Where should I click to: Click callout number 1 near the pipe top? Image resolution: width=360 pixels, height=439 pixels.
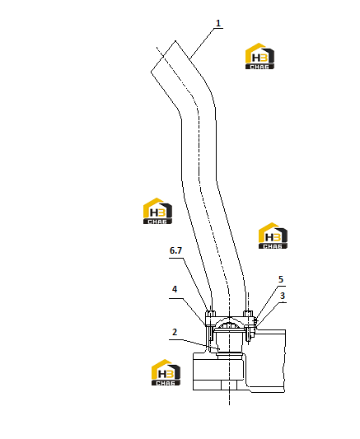click(x=218, y=23)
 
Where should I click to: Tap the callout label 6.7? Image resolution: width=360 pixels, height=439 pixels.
click(x=175, y=250)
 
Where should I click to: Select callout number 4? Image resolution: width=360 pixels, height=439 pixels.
click(x=175, y=289)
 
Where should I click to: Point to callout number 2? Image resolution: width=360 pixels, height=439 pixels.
click(x=175, y=332)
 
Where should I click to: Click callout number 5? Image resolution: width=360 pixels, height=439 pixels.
click(x=281, y=279)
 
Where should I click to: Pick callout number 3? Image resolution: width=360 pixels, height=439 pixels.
click(x=283, y=296)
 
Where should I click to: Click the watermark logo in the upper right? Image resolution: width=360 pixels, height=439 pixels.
click(x=259, y=56)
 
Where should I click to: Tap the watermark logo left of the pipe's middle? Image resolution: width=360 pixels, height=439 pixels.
click(x=157, y=211)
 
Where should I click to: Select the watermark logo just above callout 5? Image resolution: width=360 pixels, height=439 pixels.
click(x=273, y=236)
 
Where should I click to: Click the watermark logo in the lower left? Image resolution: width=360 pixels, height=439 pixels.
click(x=166, y=372)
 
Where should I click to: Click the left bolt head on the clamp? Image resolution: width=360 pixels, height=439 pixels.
click(x=210, y=313)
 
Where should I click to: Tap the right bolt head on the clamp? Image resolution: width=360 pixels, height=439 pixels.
click(x=248, y=313)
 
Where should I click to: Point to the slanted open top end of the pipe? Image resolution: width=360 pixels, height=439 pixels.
click(x=163, y=56)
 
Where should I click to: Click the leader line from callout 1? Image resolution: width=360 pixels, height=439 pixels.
click(x=203, y=44)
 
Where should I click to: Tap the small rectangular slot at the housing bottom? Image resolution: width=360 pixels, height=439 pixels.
click(x=229, y=385)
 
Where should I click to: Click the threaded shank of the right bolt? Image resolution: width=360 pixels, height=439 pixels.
click(x=248, y=334)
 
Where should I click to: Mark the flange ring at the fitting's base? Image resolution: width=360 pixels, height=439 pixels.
click(x=229, y=356)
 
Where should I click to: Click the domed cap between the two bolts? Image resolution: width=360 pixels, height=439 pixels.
click(x=229, y=324)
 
